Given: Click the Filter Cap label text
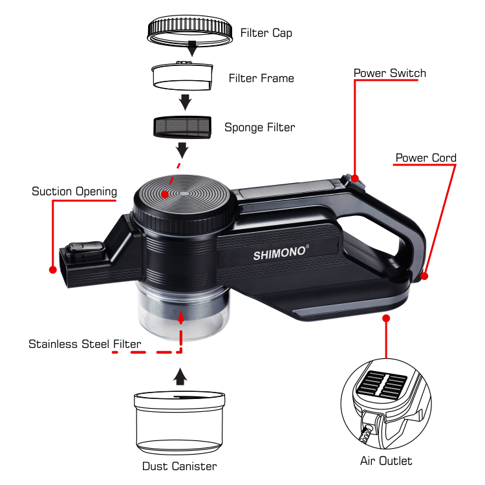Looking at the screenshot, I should (x=266, y=32).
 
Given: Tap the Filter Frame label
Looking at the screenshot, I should (x=261, y=78).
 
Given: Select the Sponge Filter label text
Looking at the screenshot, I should (x=259, y=127).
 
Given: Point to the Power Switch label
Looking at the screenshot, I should (x=389, y=73).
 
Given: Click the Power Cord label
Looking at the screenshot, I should (x=426, y=158).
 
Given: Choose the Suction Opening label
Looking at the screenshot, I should (x=74, y=191).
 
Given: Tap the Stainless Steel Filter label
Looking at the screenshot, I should (x=85, y=344).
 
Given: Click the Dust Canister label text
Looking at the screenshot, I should (x=179, y=466).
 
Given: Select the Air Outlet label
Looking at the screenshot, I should (x=386, y=461).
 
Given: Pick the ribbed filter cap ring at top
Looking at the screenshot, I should (x=189, y=30).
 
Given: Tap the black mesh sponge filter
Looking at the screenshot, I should (x=181, y=126).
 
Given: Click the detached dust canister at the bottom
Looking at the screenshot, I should (x=180, y=423).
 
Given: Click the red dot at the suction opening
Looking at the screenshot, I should (x=52, y=269).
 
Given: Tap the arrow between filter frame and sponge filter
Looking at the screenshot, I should (x=185, y=102).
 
